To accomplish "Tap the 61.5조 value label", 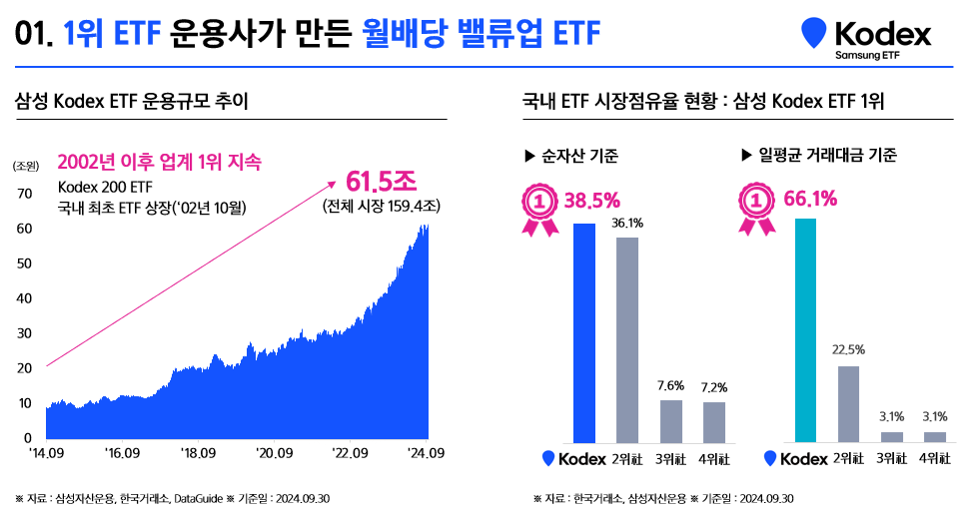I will (381, 182).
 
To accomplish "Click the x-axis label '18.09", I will (198, 454).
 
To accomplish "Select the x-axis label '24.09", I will (426, 454).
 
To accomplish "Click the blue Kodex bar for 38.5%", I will (584, 332).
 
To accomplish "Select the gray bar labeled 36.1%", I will (627, 339).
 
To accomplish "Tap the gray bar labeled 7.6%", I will (670, 420).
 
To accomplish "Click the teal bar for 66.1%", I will (805, 330).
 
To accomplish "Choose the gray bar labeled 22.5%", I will (848, 403).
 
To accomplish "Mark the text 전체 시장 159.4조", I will (382, 208).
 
